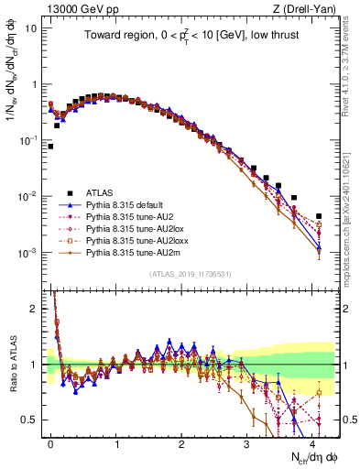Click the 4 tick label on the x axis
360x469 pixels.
[x=312, y=442]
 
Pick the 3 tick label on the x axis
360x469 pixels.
[x=247, y=442]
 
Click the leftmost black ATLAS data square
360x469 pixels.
[x=50, y=146]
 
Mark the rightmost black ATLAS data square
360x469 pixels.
[x=319, y=216]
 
